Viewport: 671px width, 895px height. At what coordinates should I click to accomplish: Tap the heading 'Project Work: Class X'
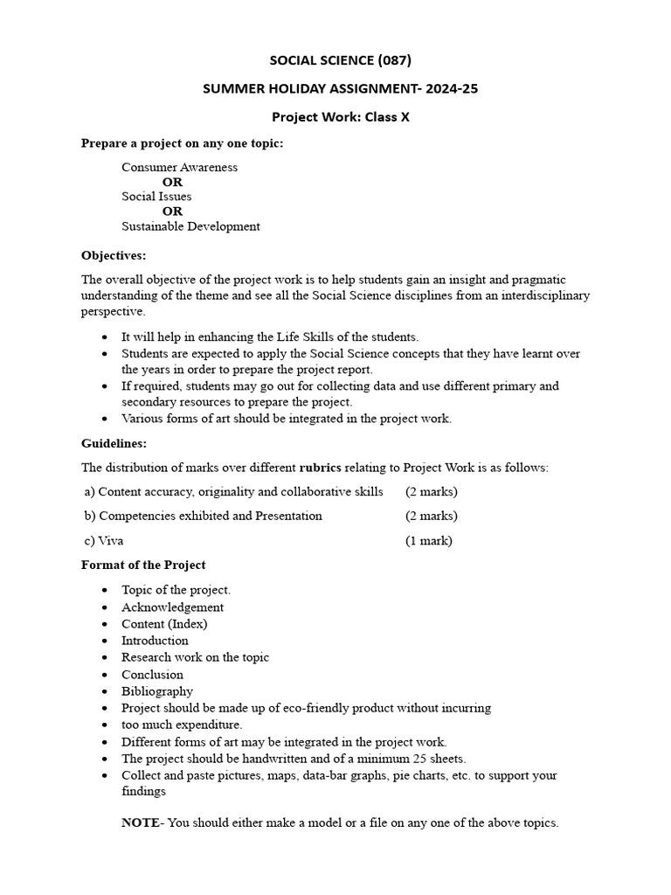[340, 116]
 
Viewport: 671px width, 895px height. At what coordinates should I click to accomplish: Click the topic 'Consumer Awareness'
[179, 167]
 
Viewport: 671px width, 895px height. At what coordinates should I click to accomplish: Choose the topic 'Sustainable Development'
[190, 226]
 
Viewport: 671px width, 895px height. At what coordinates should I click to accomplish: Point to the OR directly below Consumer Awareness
[172, 182]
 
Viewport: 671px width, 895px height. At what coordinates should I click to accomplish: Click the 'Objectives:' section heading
[114, 255]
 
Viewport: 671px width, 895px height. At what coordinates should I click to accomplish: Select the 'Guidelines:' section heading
[114, 444]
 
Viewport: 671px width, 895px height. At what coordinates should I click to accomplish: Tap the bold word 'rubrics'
[323, 468]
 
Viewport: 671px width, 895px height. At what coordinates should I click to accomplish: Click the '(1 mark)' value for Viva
[428, 541]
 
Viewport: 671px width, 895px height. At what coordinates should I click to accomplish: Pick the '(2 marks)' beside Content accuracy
[431, 492]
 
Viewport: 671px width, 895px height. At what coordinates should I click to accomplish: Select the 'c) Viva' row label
[104, 541]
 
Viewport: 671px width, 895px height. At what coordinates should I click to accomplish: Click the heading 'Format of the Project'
[143, 565]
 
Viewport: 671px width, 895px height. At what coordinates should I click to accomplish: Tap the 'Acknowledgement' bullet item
[172, 607]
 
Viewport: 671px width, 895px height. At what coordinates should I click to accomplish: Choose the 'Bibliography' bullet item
[157, 691]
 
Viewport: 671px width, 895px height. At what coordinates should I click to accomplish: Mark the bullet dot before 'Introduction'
[106, 642]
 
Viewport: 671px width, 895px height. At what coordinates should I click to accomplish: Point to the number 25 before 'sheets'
[411, 758]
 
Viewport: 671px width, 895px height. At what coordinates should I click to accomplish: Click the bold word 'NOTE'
[140, 823]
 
